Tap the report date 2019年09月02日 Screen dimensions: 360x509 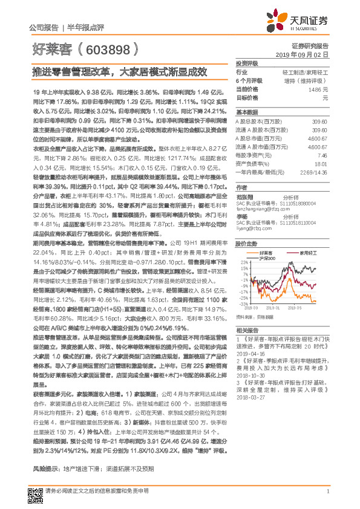[306, 54]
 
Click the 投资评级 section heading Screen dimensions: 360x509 [247, 63]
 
